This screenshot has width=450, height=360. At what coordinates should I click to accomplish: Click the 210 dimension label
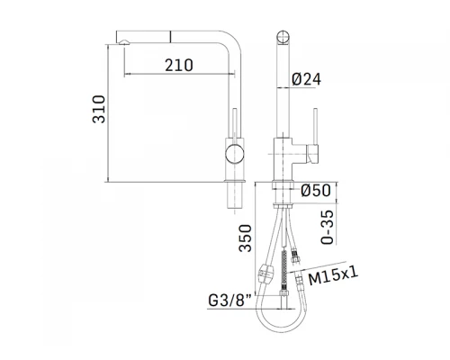(x=179, y=65)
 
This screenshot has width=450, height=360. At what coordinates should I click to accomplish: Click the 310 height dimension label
(x=99, y=109)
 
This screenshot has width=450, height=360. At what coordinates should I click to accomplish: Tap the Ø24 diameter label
(x=306, y=79)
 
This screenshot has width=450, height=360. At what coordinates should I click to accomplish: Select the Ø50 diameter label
(x=316, y=190)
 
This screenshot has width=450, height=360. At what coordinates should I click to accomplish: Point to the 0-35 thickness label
(x=327, y=227)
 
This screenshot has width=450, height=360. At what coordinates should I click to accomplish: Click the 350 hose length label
(x=245, y=238)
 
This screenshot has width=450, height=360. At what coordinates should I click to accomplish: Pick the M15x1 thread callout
(x=333, y=276)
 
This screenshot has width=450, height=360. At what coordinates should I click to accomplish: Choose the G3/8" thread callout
(x=230, y=301)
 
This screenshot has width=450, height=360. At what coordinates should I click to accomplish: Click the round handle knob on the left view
(x=235, y=154)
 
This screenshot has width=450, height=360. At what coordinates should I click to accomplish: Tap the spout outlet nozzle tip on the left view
(x=124, y=42)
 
